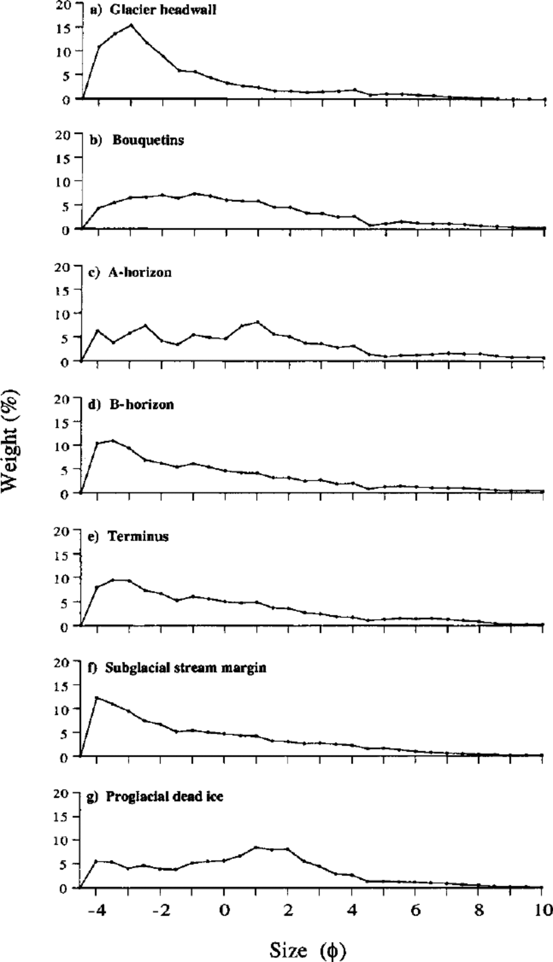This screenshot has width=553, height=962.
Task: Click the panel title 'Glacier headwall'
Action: (x=163, y=9)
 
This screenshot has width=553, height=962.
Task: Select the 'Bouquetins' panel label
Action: (x=148, y=140)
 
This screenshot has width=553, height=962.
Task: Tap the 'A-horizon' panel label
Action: (x=140, y=272)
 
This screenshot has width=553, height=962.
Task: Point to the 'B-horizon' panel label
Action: (x=141, y=404)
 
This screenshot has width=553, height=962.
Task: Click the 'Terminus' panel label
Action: (x=138, y=536)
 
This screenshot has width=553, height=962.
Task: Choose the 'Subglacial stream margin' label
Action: (x=185, y=668)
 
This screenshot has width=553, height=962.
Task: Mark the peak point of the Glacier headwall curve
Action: (x=131, y=25)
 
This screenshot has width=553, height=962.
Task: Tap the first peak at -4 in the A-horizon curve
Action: (x=98, y=331)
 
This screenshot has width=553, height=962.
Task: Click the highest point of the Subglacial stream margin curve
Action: (x=97, y=697)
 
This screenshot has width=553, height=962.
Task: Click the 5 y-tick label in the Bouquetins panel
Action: (x=66, y=206)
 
